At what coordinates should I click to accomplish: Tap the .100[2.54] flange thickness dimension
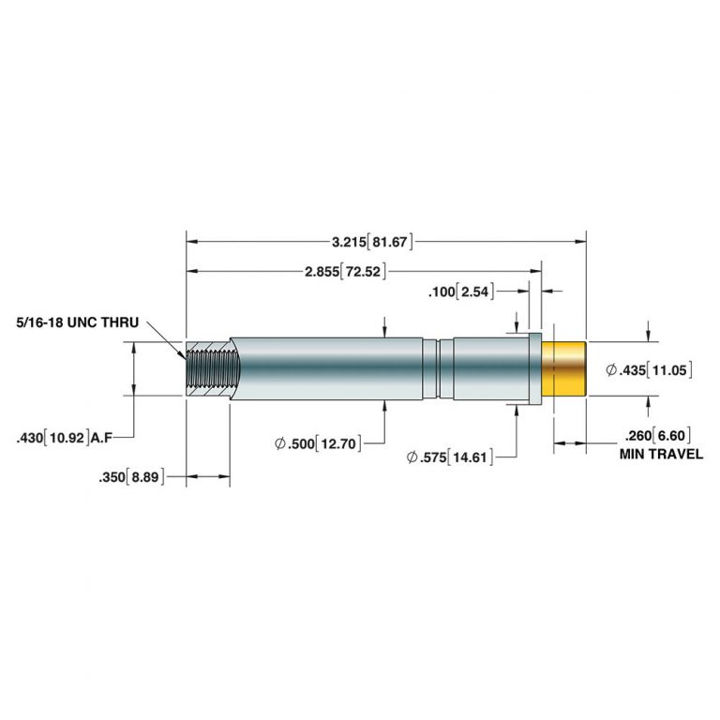click(459, 292)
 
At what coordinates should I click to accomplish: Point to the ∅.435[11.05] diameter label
click(650, 370)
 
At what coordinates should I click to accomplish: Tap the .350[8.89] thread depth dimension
click(130, 477)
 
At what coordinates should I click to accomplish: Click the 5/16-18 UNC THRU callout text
click(77, 322)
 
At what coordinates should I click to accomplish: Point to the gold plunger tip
click(564, 369)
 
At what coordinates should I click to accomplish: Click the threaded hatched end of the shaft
click(206, 368)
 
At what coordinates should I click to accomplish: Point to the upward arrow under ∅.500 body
click(386, 406)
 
